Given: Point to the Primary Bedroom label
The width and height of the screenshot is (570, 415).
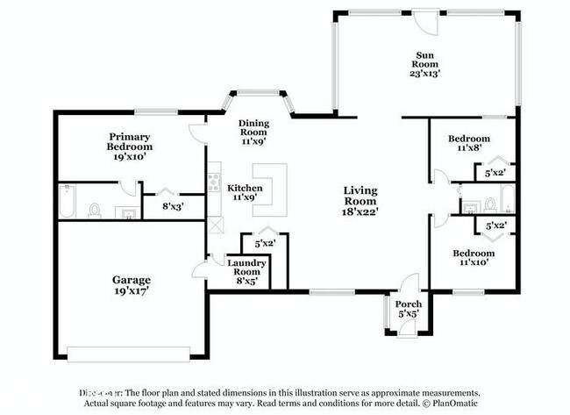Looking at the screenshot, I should click(129, 147).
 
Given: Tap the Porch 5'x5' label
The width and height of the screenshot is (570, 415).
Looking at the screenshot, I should click(404, 307).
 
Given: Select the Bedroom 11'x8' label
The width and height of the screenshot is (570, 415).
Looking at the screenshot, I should click(468, 144).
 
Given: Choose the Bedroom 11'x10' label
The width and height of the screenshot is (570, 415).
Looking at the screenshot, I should click(474, 259).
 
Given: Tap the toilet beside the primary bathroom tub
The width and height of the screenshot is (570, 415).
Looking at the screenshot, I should click(95, 211).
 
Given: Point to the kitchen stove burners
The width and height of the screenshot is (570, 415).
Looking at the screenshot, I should click(213, 183).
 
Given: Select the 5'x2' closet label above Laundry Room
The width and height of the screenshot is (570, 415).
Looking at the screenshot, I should click(265, 243).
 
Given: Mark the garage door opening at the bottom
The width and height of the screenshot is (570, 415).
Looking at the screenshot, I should click(129, 355).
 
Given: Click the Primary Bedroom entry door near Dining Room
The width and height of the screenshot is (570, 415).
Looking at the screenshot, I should click(198, 133).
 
